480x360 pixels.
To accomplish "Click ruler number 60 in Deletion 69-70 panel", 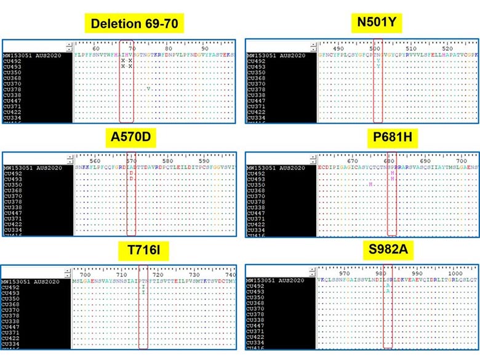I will click(x=95, y=49).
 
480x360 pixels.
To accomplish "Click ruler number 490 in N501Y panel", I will click(x=338, y=49).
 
